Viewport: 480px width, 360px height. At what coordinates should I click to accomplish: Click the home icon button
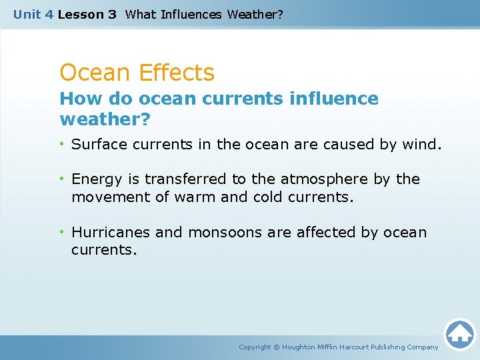click(x=459, y=333)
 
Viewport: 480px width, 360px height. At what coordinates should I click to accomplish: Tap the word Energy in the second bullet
click(x=95, y=179)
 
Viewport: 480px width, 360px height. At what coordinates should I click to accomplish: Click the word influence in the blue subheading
click(x=334, y=99)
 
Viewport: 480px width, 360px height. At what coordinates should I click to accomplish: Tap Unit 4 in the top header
click(x=33, y=14)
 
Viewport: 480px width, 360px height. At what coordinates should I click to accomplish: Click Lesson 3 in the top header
click(x=87, y=14)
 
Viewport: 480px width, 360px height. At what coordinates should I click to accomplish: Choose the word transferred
click(x=187, y=179)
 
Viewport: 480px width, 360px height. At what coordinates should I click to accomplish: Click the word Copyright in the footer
click(x=255, y=347)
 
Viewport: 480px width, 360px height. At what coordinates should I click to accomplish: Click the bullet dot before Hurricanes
click(x=63, y=233)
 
